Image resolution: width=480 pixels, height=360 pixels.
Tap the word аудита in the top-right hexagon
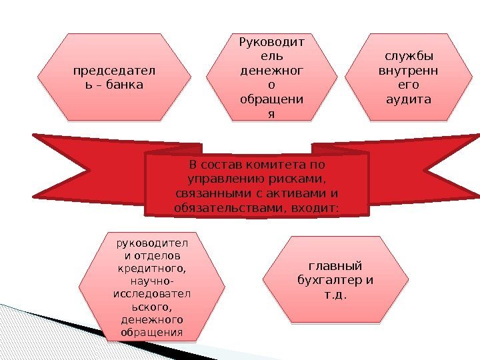(409, 100)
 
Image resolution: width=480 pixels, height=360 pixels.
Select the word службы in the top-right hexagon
(409, 57)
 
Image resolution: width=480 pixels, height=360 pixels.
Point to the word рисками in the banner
(297, 179)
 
